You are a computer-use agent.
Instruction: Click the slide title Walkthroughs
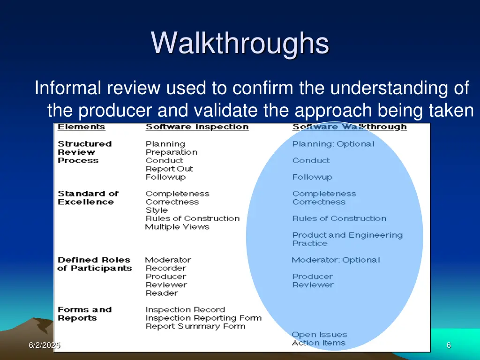[x=240, y=43]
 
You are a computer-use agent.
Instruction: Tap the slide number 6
[x=449, y=345]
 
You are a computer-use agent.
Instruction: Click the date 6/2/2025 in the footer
[x=44, y=345]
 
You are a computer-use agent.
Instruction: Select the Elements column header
[x=82, y=127]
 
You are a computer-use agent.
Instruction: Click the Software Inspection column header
[x=197, y=127]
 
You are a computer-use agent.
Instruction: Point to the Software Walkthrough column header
[x=349, y=127]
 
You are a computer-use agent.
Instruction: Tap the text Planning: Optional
[x=333, y=144]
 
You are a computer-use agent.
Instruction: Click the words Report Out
[x=169, y=169]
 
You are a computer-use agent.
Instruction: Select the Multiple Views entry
[x=177, y=227]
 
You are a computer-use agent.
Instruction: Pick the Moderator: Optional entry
[x=336, y=260]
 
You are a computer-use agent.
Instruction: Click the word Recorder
[x=165, y=268]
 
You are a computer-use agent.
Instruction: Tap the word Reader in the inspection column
[x=162, y=293]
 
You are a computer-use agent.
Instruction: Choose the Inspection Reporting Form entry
[x=203, y=318]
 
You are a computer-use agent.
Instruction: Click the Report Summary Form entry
[x=195, y=326]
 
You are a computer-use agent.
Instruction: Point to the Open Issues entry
[x=319, y=335]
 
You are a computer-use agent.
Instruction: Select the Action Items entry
[x=318, y=343]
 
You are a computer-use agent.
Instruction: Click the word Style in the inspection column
[x=157, y=210]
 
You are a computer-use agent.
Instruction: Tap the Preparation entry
[x=171, y=152]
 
